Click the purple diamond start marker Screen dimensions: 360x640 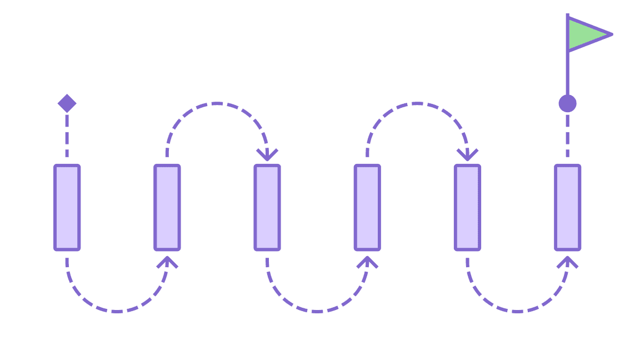[67, 103]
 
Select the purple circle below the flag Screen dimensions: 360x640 [567, 103]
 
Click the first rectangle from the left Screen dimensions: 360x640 [67, 207]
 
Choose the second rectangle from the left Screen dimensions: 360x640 [167, 207]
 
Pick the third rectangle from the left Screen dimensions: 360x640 [267, 207]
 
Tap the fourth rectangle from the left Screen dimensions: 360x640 [367, 207]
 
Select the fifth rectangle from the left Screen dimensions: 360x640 [467, 207]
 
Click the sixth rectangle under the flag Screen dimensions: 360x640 [567, 207]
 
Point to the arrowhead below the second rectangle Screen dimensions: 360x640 [167, 262]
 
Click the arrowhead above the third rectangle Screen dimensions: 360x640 [267, 154]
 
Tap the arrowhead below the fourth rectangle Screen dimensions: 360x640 [367, 262]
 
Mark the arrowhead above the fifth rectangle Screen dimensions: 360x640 [467, 154]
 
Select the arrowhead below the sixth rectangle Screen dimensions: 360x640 [567, 262]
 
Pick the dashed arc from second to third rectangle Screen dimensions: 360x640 [217, 103]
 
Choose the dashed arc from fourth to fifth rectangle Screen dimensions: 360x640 [417, 103]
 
